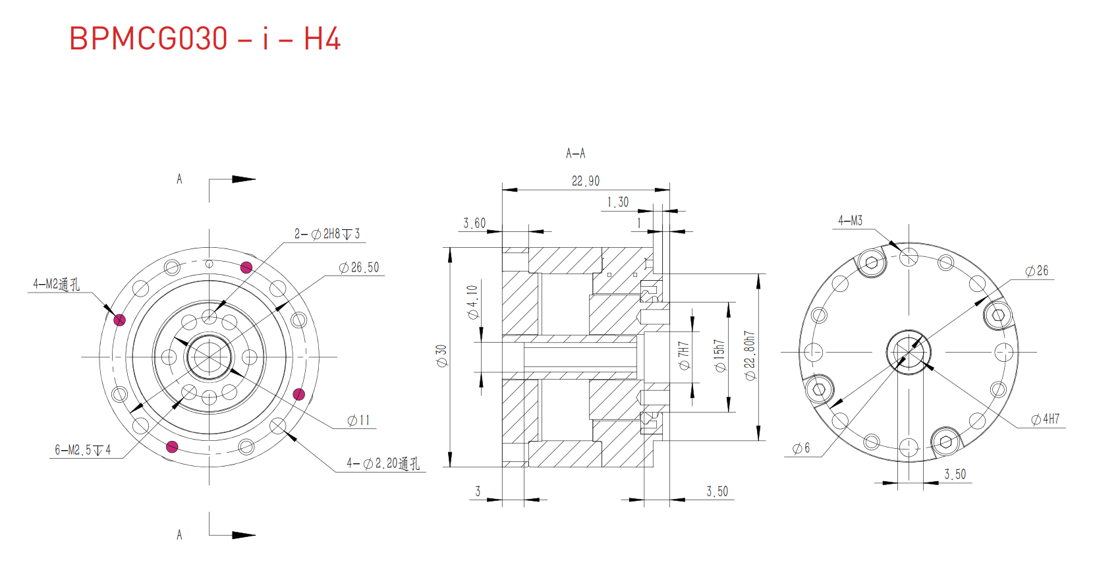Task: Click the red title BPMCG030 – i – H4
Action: (204, 39)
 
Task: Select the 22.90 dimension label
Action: (585, 181)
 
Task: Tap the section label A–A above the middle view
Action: (575, 154)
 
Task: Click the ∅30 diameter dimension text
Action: (441, 356)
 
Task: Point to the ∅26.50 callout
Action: (359, 268)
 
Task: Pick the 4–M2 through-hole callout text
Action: (57, 284)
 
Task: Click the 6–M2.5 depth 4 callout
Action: (82, 450)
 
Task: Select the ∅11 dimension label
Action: (359, 420)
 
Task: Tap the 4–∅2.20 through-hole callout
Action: (383, 464)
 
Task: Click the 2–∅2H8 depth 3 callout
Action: (327, 234)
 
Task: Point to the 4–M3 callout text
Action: (850, 221)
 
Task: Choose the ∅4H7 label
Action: (1046, 419)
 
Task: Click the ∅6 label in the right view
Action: (801, 449)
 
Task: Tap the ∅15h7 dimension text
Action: (719, 356)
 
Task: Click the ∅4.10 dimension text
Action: (472, 302)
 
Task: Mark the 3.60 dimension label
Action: (474, 223)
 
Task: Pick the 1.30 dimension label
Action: (618, 202)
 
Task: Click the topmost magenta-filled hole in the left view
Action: (246, 267)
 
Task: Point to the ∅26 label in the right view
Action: (1037, 271)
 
